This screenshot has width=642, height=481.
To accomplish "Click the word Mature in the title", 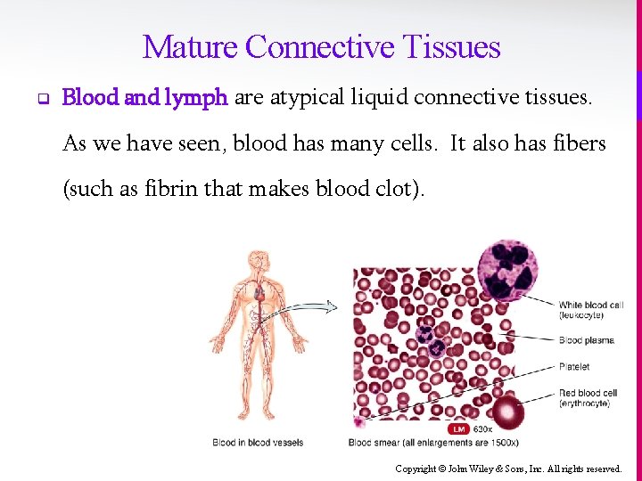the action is tap(190, 46).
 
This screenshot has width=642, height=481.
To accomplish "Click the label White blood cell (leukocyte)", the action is tap(590, 310).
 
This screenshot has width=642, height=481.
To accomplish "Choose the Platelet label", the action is tap(574, 366).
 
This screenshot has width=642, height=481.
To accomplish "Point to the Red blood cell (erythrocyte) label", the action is tap(588, 398).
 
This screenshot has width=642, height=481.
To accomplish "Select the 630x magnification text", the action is tap(482, 429).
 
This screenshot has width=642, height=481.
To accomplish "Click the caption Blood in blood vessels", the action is tap(258, 443).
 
